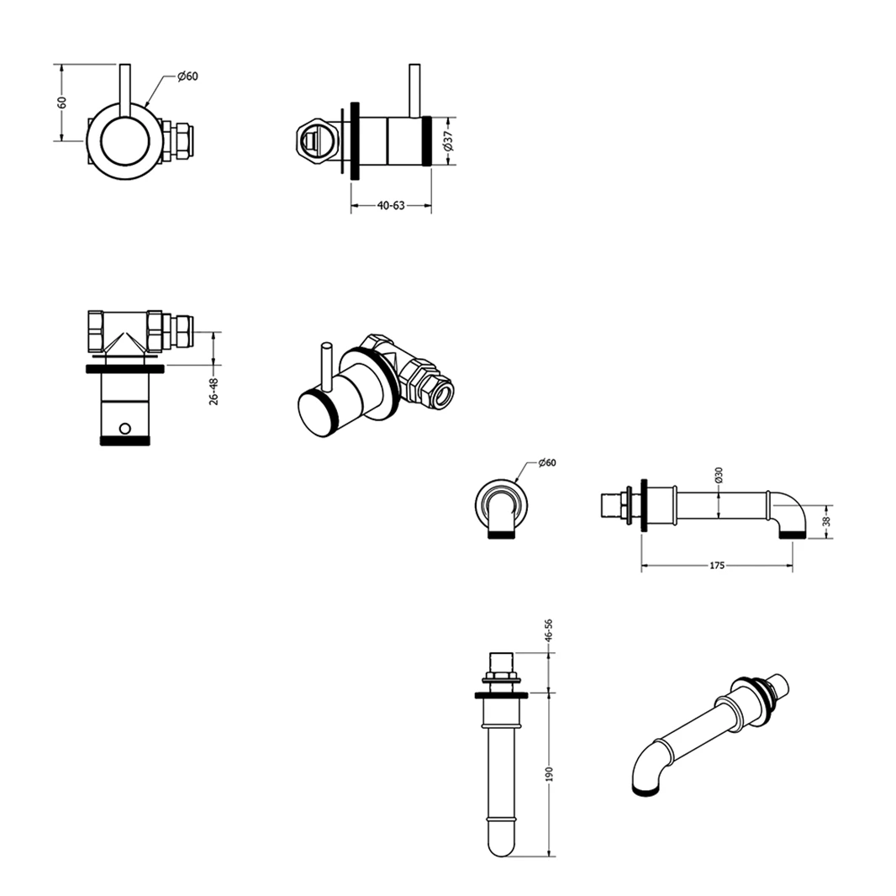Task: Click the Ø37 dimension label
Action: (448, 141)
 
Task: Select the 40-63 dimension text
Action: (391, 205)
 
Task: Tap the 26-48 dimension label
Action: (213, 392)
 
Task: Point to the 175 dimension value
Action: (717, 566)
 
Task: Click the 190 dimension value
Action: (550, 774)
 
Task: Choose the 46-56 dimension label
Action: (549, 631)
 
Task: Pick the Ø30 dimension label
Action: (719, 475)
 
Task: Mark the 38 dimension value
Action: (826, 521)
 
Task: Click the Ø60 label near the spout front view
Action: (547, 462)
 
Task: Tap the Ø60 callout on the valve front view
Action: (187, 76)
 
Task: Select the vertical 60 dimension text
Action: (61, 103)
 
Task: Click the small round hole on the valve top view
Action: (124, 428)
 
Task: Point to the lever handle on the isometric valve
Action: (327, 366)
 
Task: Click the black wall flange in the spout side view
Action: (645, 505)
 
